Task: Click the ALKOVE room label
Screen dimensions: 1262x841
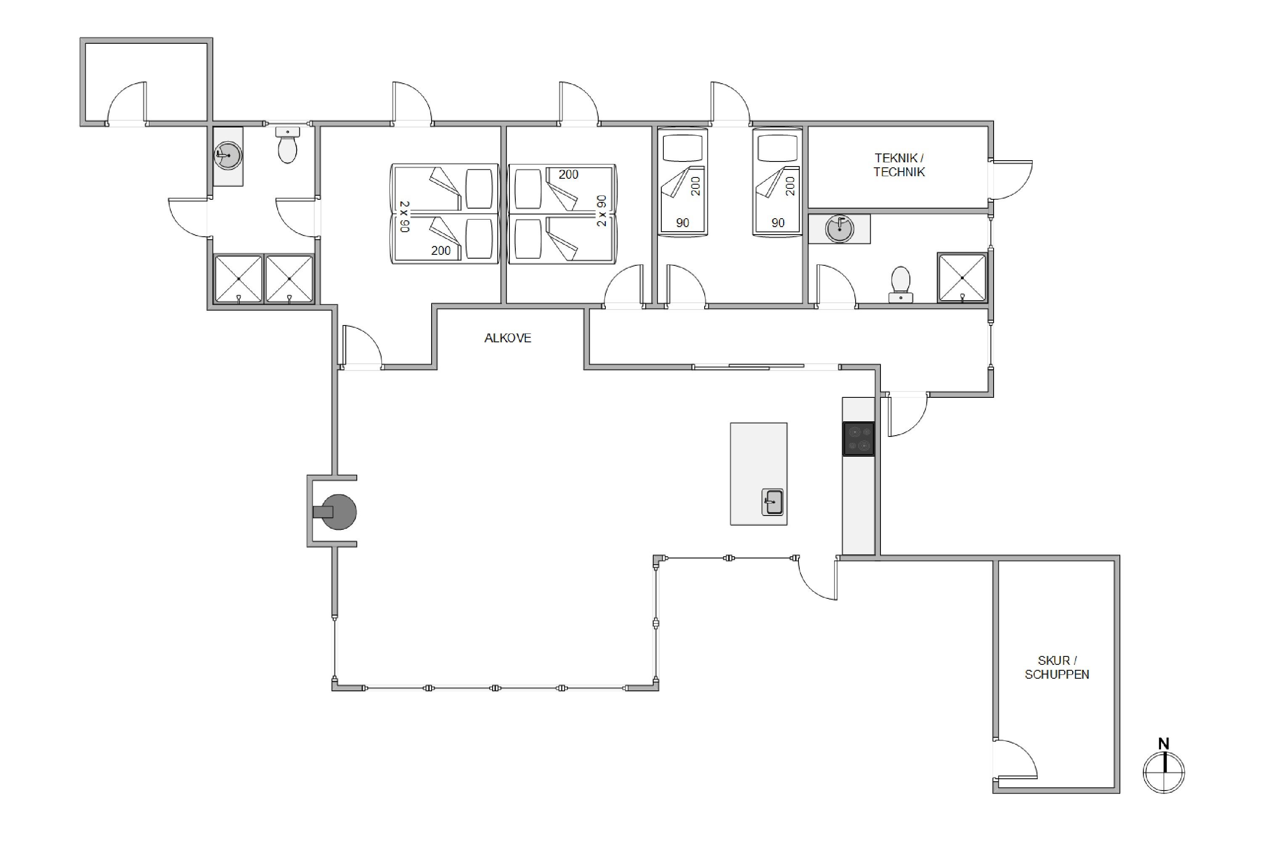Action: [x=508, y=338]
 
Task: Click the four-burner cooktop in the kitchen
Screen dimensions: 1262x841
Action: [x=859, y=439]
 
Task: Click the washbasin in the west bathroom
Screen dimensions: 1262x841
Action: [x=228, y=156]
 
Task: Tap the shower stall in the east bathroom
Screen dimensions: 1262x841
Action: [x=962, y=278]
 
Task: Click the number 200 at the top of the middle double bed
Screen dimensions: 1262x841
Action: [x=568, y=175]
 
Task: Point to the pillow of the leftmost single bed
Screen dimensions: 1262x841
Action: [x=682, y=148]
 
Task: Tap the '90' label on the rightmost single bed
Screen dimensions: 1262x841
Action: [x=778, y=222]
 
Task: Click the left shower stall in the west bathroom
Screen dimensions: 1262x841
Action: [x=238, y=279]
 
